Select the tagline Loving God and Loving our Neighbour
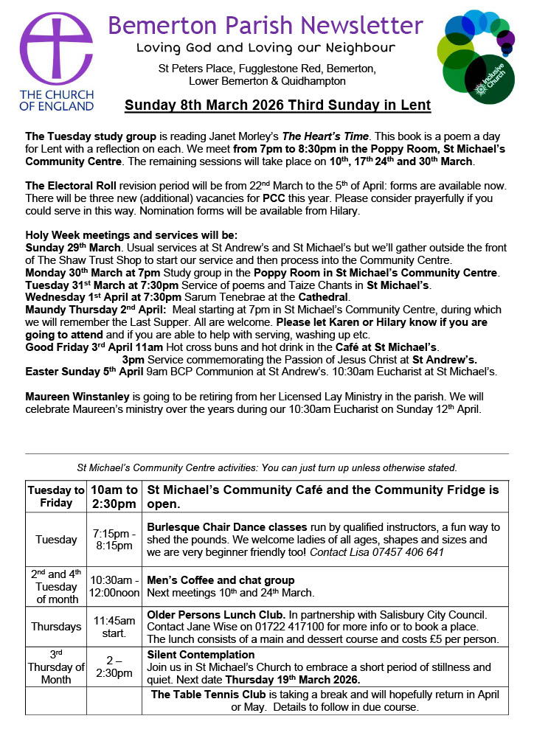click(266, 48)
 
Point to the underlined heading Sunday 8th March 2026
click(277, 105)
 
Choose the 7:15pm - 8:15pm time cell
click(114, 539)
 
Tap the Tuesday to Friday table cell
click(56, 496)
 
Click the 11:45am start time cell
click(114, 627)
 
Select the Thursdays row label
click(56, 627)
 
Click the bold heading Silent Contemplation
click(201, 654)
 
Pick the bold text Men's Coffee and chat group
click(221, 580)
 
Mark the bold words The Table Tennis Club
click(209, 695)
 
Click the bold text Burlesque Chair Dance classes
click(227, 527)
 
